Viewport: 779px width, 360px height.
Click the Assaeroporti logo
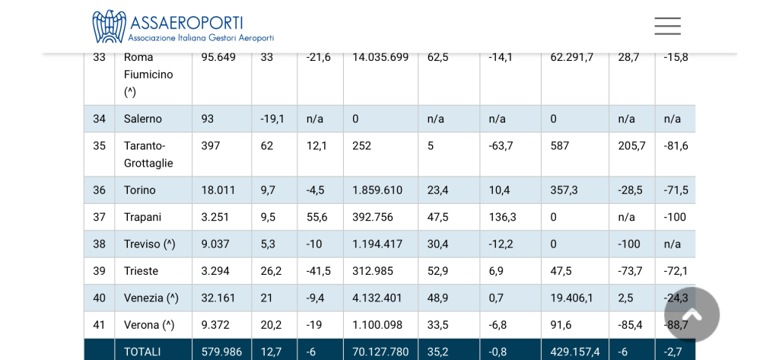pos(183,27)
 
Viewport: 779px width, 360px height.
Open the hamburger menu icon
pos(667,26)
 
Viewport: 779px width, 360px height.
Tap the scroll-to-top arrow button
pos(692,314)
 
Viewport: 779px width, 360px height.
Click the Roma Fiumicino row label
pos(148,74)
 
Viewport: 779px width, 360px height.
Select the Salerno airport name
pos(143,119)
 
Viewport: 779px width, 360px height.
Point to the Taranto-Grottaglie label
pos(148,155)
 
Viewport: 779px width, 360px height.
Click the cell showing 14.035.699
pos(380,57)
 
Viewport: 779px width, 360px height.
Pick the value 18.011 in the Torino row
pos(218,190)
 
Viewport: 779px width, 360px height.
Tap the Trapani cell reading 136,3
pos(502,217)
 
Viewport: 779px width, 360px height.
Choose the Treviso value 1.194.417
pos(377,244)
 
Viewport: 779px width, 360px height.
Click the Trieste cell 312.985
pos(373,271)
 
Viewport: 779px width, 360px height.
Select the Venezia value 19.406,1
pos(574,298)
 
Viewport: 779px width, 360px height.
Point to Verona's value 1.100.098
pos(377,325)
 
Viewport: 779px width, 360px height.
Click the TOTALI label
pos(142,352)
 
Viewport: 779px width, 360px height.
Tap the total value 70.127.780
pos(380,352)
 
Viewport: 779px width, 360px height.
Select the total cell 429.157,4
pos(574,352)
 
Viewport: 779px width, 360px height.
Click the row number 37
pos(100,217)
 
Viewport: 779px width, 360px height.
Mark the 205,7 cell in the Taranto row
pos(631,145)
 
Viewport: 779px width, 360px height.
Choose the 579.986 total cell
pos(221,352)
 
